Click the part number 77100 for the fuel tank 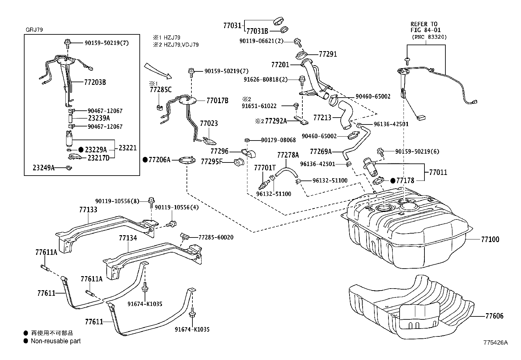(490, 239)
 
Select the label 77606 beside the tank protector (494, 316)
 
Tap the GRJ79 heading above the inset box (34, 30)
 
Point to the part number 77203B (95, 82)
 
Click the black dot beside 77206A (145, 160)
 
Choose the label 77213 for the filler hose (322, 118)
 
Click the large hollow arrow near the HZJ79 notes (158, 70)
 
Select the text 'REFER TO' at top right (424, 24)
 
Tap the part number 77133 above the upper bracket (88, 210)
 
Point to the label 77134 (128, 238)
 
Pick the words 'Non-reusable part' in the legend (56, 341)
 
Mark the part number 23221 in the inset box (127, 148)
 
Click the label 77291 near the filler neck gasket (328, 54)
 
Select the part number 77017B (218, 101)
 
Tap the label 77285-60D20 (216, 237)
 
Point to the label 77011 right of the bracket (438, 172)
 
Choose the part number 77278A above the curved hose (288, 155)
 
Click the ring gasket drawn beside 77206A (187, 160)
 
